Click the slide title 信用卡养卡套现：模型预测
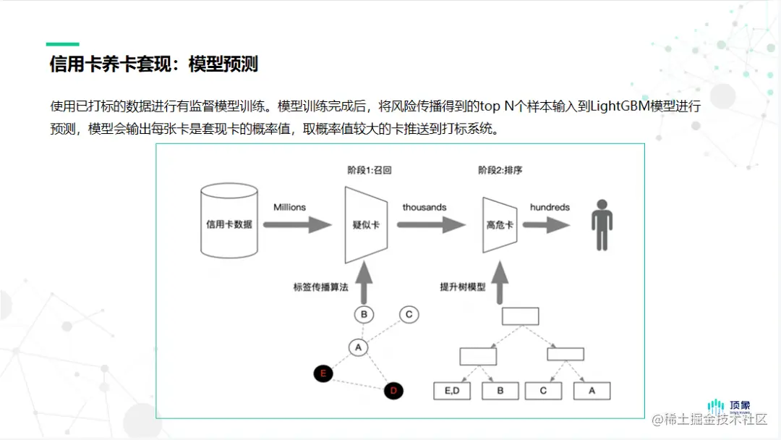[153, 64]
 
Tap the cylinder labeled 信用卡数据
[229, 223]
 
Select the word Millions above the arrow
[289, 207]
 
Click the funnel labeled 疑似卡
[365, 224]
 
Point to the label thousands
[424, 207]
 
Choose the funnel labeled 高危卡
[500, 224]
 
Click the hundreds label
[550, 207]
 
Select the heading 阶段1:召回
[370, 171]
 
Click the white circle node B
[364, 314]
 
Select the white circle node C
[409, 314]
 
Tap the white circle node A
[358, 347]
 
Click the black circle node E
[323, 373]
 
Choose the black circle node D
[393, 391]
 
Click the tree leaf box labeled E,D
[452, 391]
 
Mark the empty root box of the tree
[520, 316]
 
